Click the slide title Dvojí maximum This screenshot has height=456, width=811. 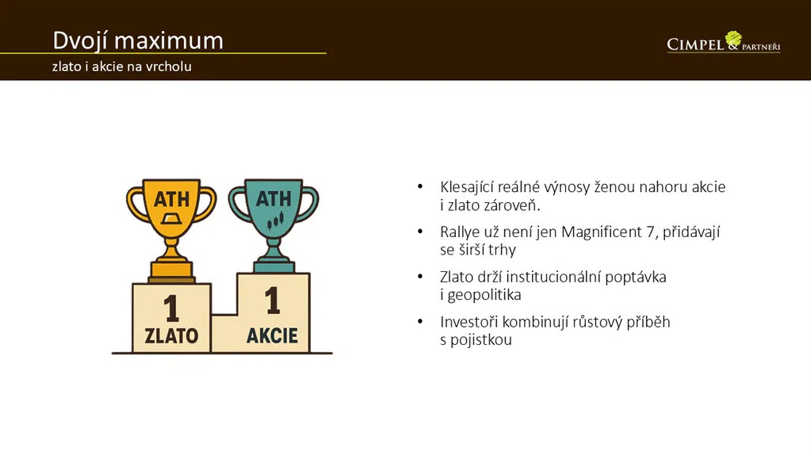[x=138, y=41]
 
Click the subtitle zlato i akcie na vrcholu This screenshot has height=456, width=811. [x=122, y=67]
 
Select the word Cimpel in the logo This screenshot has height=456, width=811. [x=695, y=44]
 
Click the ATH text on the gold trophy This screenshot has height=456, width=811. [x=171, y=199]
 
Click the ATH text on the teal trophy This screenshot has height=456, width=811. [x=273, y=198]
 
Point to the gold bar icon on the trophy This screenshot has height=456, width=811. [x=171, y=218]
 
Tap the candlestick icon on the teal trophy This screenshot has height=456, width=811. [x=275, y=220]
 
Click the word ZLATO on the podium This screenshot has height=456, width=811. [x=171, y=336]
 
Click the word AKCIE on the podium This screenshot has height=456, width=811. [x=272, y=335]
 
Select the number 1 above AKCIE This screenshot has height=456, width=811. [x=272, y=300]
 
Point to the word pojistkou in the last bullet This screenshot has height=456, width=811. [x=481, y=340]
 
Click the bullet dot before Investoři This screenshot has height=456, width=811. [x=420, y=322]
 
